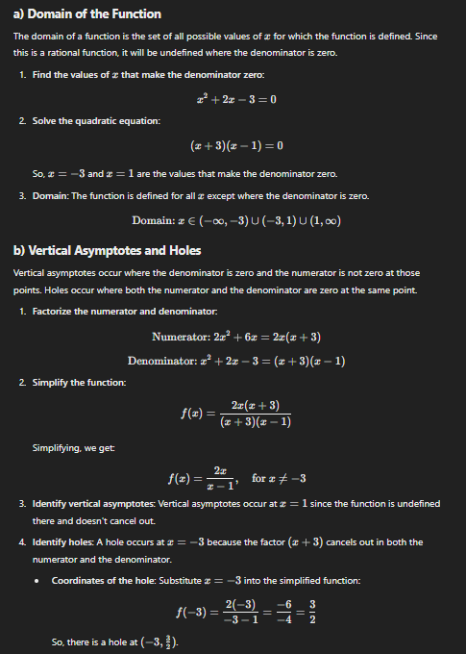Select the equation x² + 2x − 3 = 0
235,98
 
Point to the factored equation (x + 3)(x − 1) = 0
235,147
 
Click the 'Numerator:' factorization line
236,337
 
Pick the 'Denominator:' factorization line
236,361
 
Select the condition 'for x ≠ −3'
278,478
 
